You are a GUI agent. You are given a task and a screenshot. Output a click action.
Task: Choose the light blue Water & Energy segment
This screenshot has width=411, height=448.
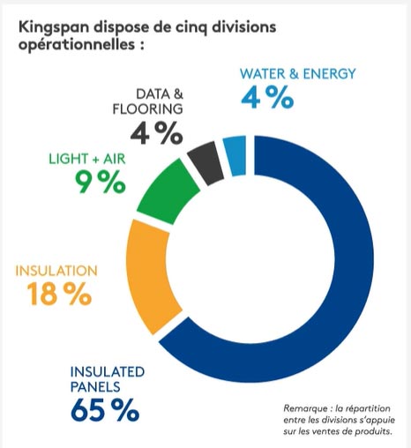click(x=235, y=154)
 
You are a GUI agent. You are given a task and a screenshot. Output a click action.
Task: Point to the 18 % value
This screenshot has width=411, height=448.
click(x=55, y=294)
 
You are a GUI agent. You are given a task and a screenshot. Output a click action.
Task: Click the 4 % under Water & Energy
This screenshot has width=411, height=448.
click(x=267, y=98)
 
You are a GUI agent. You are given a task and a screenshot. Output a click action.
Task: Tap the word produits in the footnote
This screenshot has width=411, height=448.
click(x=384, y=432)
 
